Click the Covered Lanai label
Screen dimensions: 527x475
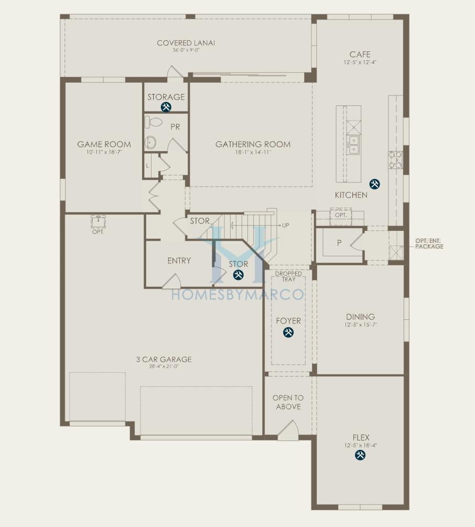(186, 43)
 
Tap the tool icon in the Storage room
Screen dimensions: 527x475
(166, 107)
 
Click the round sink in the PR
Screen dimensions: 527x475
(151, 141)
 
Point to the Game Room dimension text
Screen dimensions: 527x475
(104, 152)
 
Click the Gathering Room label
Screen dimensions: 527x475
(253, 144)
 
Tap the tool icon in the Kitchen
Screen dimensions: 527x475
(374, 184)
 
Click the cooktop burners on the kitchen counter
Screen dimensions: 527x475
(395, 160)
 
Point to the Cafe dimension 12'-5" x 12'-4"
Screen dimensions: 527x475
(360, 62)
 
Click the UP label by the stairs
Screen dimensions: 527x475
(286, 225)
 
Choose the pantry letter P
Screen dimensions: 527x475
(339, 243)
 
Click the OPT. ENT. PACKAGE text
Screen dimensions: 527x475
(428, 243)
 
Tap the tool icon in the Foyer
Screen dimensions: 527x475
(288, 332)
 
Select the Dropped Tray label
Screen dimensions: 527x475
(288, 276)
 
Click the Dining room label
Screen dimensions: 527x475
(360, 317)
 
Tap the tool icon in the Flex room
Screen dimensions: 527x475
(360, 455)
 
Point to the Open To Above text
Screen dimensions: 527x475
(288, 402)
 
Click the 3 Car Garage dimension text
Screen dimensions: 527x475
(164, 367)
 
